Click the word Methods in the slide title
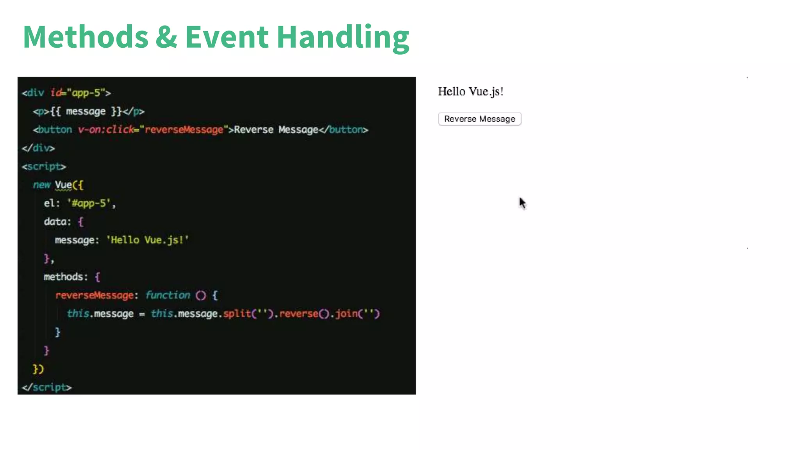pyautogui.click(x=86, y=37)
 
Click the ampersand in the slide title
pyautogui.click(x=166, y=37)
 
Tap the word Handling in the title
pyautogui.click(x=343, y=37)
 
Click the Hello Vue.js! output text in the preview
pyautogui.click(x=470, y=92)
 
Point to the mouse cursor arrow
pyautogui.click(x=522, y=203)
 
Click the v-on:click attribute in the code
pyautogui.click(x=105, y=130)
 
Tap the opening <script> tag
pyautogui.click(x=44, y=167)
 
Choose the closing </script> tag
pyautogui.click(x=47, y=387)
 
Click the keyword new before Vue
pyautogui.click(x=42, y=185)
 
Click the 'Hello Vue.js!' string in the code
pyautogui.click(x=147, y=240)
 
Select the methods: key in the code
pyautogui.click(x=66, y=277)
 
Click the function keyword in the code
pyautogui.click(x=168, y=295)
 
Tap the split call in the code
pyautogui.click(x=237, y=314)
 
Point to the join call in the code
pyautogui.click(x=346, y=314)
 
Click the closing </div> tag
pyautogui.click(x=38, y=148)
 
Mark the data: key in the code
pyautogui.click(x=57, y=222)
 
